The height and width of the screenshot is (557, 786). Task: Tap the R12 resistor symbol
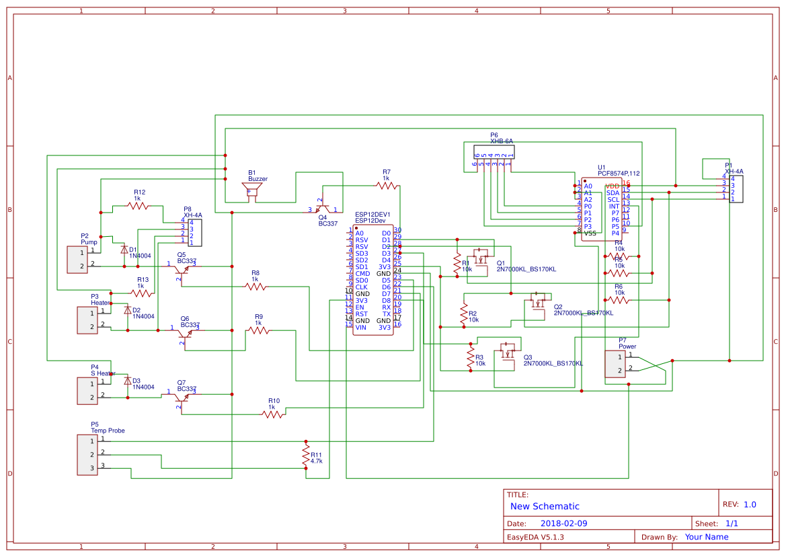coord(139,206)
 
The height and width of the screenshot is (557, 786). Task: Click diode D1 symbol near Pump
coord(124,250)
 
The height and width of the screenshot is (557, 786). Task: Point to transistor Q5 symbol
coord(180,269)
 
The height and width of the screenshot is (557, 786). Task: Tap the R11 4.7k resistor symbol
coord(306,455)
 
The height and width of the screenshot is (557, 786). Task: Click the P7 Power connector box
coord(615,364)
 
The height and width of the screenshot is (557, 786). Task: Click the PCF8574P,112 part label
coord(619,174)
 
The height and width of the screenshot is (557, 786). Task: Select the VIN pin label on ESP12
coord(361,327)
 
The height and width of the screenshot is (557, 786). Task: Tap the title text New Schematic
coord(545,507)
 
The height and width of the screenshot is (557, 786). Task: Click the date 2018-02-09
coord(563,523)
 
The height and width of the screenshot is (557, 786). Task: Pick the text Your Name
coord(706,537)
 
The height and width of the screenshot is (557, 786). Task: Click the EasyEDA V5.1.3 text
coord(535,537)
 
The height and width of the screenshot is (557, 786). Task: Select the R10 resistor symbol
coord(272,414)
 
